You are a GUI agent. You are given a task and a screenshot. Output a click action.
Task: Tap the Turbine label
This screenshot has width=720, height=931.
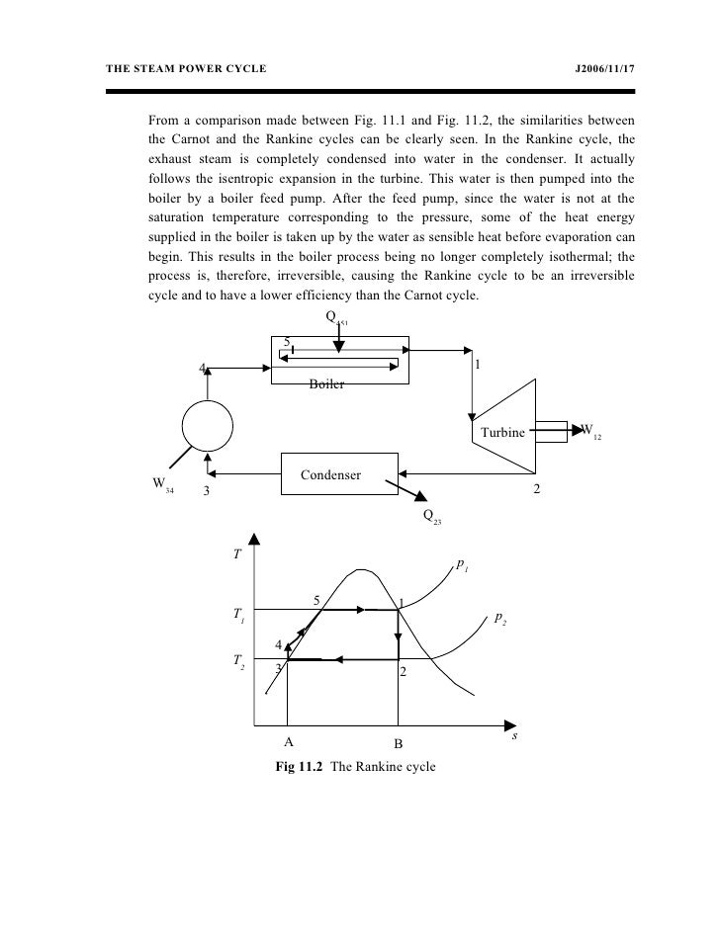(x=502, y=433)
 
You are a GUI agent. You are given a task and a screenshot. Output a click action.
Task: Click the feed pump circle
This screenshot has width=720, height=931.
(x=208, y=427)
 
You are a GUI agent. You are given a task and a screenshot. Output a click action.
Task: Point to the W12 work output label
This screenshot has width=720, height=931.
(x=589, y=431)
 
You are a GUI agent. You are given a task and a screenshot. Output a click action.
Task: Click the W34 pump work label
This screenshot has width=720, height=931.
(x=161, y=485)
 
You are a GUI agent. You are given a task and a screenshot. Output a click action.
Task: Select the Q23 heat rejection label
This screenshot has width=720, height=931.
(x=431, y=516)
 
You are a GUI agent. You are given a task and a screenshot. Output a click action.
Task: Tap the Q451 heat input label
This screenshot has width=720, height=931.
(x=336, y=318)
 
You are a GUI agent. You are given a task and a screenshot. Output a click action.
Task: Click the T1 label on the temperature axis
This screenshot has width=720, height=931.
(x=238, y=615)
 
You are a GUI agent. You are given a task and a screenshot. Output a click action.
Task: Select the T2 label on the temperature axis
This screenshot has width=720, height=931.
(x=238, y=658)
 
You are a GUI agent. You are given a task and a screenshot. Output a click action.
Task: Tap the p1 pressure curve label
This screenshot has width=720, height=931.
(x=462, y=564)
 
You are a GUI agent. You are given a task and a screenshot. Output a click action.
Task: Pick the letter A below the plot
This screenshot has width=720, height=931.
(x=289, y=742)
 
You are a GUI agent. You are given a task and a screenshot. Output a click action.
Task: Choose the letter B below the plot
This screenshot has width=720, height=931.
(x=398, y=742)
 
